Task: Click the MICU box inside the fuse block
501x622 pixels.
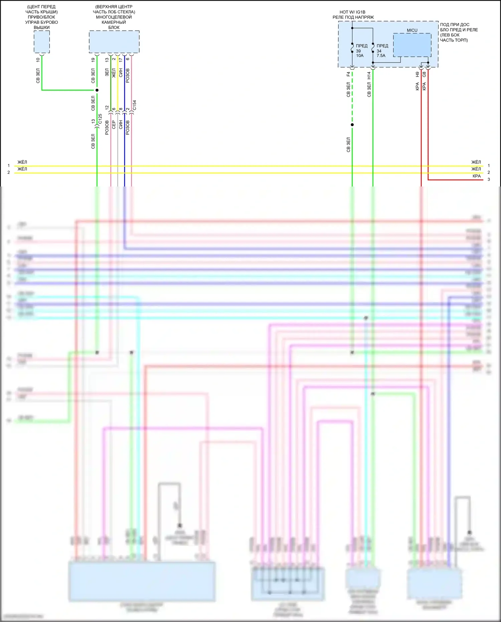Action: coord(412,45)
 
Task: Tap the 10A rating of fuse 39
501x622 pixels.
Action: coord(360,56)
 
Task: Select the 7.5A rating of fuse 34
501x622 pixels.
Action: coord(381,56)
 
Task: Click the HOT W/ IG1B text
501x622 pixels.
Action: coord(352,12)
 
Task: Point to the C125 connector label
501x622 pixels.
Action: coord(100,119)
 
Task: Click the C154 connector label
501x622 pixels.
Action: coord(135,105)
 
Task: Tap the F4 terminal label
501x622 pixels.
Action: coord(348,74)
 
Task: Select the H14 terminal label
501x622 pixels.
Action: coord(369,75)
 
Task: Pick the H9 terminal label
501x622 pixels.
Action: coord(417,75)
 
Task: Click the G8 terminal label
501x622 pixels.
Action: coord(425,75)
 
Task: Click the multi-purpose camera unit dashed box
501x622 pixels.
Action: coord(114,42)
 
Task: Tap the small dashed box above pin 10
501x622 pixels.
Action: coord(42,42)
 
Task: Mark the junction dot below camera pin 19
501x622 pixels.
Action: coord(97,90)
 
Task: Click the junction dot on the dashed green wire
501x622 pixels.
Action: coord(352,125)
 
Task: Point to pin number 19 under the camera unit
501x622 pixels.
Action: coord(93,60)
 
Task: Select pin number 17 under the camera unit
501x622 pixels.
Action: coord(121,60)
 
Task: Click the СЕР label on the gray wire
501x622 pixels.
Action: coord(114,125)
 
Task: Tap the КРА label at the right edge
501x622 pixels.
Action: coord(477,176)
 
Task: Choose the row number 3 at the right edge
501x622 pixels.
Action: coord(489,179)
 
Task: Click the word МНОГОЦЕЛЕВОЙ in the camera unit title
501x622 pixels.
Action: coord(114,17)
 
